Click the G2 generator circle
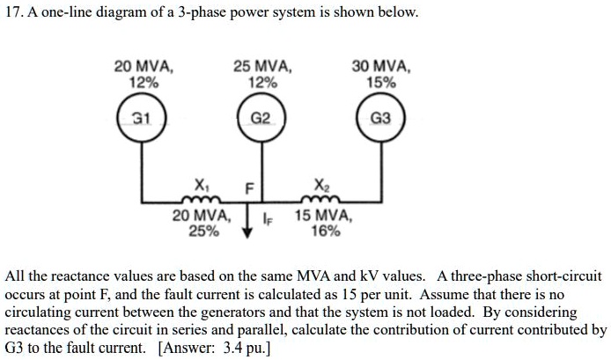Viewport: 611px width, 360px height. (261, 117)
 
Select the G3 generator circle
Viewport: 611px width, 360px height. (378, 117)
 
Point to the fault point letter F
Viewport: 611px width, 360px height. (249, 187)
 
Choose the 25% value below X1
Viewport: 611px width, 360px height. (202, 231)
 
